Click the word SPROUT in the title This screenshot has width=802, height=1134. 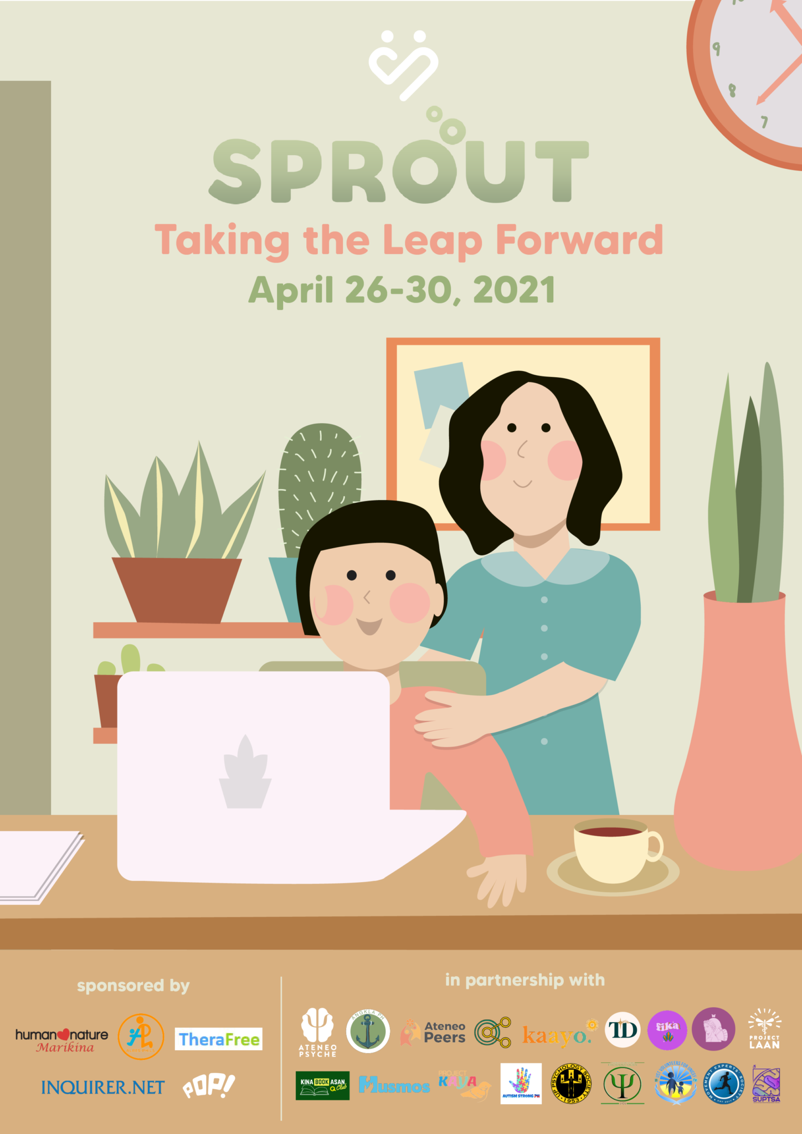click(x=399, y=171)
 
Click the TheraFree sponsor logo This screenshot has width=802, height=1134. click(x=219, y=1039)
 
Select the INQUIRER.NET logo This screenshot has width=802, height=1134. click(x=102, y=1087)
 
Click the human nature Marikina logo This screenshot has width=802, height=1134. click(x=62, y=1040)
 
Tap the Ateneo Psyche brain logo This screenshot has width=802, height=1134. click(x=317, y=1032)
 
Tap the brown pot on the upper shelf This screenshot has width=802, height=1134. click(x=177, y=589)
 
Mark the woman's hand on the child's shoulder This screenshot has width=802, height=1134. click(x=446, y=718)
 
